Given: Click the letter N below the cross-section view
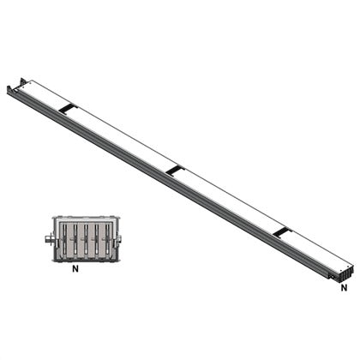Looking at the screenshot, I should point(75,269).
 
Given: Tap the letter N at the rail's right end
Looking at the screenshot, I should point(344,288).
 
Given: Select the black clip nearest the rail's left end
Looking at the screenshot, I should point(67,108).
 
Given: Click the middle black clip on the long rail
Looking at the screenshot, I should point(174,171).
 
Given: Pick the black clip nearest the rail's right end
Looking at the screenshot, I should point(282,231).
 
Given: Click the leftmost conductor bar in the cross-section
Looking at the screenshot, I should point(63,240).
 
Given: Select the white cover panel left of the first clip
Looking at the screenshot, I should point(43,93).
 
